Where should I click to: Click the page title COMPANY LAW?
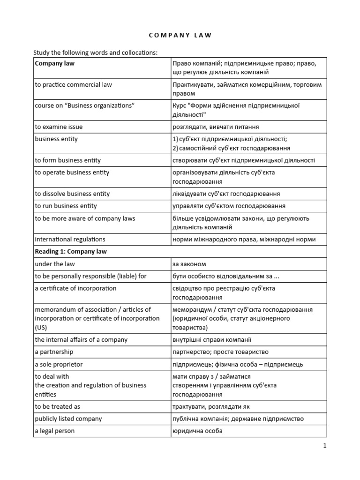pyautogui.click(x=180, y=35)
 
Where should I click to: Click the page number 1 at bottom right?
pyautogui.click(x=324, y=446)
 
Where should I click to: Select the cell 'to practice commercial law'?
pyautogui.click(x=74, y=85)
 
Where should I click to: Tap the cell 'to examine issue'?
pyautogui.click(x=59, y=127)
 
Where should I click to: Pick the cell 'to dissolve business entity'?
pyautogui.click(x=73, y=194)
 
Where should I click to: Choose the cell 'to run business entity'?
pyautogui.click(x=66, y=206)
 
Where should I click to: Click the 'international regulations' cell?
pyautogui.click(x=70, y=239)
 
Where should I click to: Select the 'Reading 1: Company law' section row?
pyautogui.click(x=71, y=251)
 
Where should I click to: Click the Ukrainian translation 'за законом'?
pyautogui.click(x=189, y=264)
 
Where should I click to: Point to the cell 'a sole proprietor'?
pyautogui.click(x=59, y=364)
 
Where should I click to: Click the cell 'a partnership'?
pyautogui.click(x=54, y=352)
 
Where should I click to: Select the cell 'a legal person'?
pyautogui.click(x=55, y=431)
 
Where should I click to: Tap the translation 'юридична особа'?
pyautogui.click(x=197, y=431)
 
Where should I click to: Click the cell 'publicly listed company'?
pyautogui.click(x=68, y=419)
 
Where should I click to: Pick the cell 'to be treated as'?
pyautogui.click(x=58, y=406)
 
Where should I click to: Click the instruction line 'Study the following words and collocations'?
pyautogui.click(x=94, y=52)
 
